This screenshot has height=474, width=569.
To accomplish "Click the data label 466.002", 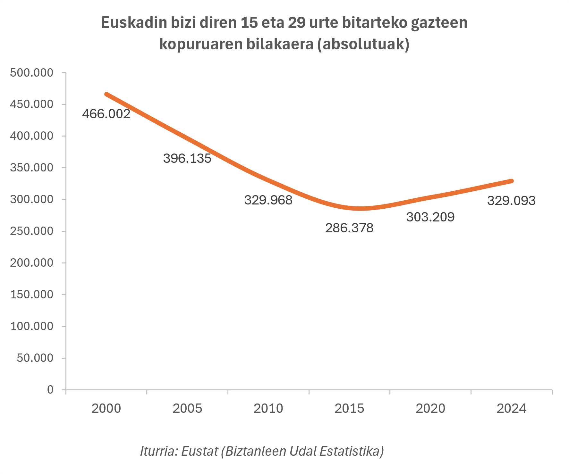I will point(106,114).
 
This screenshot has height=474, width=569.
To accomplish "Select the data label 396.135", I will point(187,158).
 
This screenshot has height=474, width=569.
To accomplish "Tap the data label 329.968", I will point(268,200).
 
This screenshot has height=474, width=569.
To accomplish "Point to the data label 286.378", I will point(349,228).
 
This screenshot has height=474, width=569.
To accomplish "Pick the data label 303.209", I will point(430,217).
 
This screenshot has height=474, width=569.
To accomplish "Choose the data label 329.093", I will point(511,201).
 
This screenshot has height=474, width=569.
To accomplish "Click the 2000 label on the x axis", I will point(106,409).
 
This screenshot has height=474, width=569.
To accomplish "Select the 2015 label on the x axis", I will point(349,409).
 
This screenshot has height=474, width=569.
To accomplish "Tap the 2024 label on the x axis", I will point(511,409).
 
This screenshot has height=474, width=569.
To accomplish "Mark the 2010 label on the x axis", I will point(268,409).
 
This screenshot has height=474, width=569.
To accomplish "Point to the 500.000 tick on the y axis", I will point(32,73).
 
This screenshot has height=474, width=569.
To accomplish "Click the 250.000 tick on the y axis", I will point(32,231).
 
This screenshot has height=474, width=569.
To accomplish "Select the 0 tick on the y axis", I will point(50,390).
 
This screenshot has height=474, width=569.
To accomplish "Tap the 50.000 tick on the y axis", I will point(35,358).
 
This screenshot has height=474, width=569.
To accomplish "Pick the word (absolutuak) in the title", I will point(363,44).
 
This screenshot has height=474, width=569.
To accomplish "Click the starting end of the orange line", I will point(106,94).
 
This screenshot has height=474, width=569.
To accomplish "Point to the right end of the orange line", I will point(512,181).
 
